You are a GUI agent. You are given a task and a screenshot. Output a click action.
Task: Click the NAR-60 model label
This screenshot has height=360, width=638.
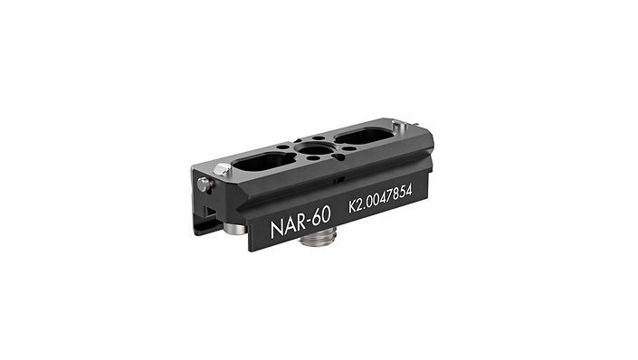[x=300, y=223]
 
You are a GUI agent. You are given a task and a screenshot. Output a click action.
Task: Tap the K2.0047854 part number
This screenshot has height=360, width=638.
[x=380, y=198]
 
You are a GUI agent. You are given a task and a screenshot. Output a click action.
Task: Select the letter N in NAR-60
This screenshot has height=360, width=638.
[x=276, y=231]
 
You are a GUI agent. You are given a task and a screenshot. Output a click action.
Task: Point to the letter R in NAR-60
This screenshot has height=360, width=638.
[x=300, y=223]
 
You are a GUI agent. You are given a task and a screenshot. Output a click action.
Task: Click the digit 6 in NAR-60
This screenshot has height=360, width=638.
[x=317, y=217]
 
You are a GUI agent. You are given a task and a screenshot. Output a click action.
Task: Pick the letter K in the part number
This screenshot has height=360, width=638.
[x=352, y=206]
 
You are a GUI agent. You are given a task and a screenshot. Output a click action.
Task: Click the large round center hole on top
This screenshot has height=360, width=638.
[x=315, y=149]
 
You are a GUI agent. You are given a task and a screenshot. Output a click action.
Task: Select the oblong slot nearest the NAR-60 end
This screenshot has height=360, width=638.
[x=263, y=163]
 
